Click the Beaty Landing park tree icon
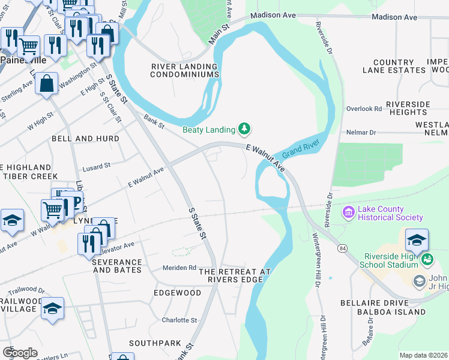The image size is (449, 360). [x=244, y=128]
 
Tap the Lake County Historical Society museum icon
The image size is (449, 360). [x=348, y=212]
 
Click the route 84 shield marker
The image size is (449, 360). [x=342, y=248]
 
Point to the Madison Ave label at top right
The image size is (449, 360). [x=394, y=17]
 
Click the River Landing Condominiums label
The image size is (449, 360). [x=184, y=70]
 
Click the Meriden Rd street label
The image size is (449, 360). [x=180, y=268]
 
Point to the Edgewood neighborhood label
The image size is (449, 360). [x=177, y=293]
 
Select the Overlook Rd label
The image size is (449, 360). [x=364, y=109]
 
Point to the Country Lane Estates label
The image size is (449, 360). [x=393, y=66]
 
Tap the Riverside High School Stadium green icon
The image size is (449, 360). [x=427, y=260]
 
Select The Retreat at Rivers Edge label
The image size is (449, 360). [x=235, y=275]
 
